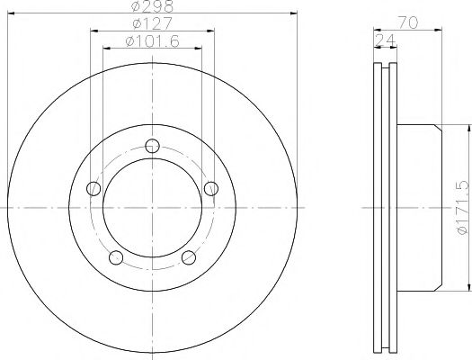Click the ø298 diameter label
(x=152, y=8)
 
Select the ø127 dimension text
(x=152, y=23)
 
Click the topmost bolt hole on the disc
(x=152, y=145)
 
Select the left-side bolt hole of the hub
(x=93, y=188)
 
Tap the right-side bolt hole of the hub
(x=211, y=188)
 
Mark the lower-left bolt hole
(x=115, y=257)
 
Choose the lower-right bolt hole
(x=189, y=257)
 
